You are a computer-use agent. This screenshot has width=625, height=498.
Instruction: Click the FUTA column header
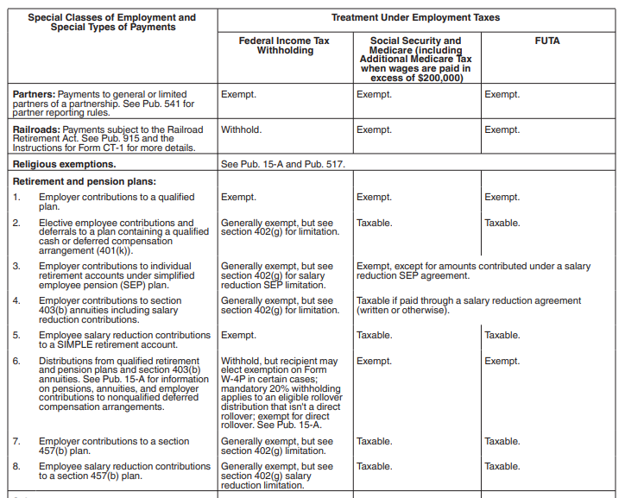[547, 41]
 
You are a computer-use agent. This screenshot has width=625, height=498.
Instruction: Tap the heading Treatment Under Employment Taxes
[415, 17]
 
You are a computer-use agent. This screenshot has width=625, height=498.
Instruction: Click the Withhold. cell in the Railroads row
[241, 129]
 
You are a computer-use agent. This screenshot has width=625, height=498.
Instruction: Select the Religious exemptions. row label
[65, 163]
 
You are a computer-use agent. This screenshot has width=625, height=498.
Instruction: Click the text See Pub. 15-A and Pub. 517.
[282, 163]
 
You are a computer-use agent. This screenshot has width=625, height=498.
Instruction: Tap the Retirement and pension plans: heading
[85, 181]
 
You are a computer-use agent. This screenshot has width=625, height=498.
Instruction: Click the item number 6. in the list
[16, 361]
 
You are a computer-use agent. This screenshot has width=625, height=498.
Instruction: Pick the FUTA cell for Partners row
[502, 94]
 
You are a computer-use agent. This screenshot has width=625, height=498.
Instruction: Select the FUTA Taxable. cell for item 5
[502, 335]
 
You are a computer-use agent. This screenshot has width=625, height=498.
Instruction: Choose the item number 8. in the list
[16, 466]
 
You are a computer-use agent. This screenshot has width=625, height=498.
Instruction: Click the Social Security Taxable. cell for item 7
[374, 441]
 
